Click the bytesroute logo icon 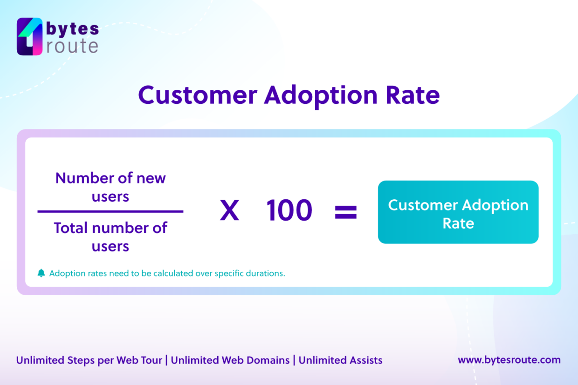(x=30, y=37)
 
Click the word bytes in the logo (x=72, y=29)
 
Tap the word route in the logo (x=72, y=46)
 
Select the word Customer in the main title (x=198, y=95)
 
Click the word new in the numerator (x=151, y=178)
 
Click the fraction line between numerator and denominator (x=110, y=212)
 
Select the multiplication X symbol (x=229, y=211)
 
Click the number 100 (x=289, y=211)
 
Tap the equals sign (x=346, y=212)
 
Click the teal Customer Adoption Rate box (x=458, y=212)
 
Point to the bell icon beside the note (x=41, y=273)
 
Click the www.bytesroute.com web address (x=509, y=360)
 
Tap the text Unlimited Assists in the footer (x=340, y=360)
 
